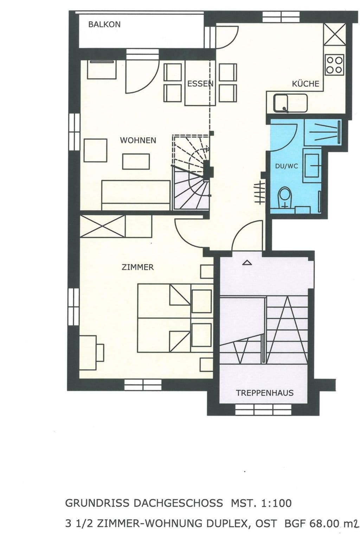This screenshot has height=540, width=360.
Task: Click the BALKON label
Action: pyautogui.click(x=104, y=24)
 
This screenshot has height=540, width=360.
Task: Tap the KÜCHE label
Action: pyautogui.click(x=306, y=84)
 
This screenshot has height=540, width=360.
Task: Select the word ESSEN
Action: pyautogui.click(x=200, y=84)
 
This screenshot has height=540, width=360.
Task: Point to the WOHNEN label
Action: pyautogui.click(x=138, y=140)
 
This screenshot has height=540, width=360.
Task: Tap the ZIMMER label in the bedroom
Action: pyautogui.click(x=137, y=267)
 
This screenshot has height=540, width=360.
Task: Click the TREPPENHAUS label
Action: pyautogui.click(x=264, y=393)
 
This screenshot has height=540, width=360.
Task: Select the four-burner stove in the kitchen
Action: pyautogui.click(x=334, y=64)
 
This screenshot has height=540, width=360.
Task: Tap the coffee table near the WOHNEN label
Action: pyautogui.click(x=136, y=161)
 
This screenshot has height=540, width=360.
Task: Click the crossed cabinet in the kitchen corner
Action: pyautogui.click(x=334, y=34)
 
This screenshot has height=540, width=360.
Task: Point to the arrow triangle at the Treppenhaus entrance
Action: pyautogui.click(x=247, y=262)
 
